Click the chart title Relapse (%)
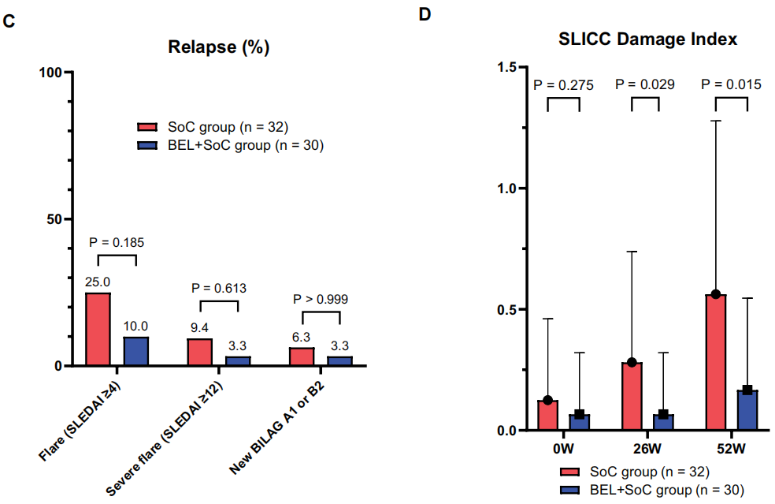(x=219, y=47)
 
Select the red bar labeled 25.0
(x=98, y=329)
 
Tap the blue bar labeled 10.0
(x=136, y=351)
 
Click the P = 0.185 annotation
(x=117, y=241)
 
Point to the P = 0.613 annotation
(x=219, y=288)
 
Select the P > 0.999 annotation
(x=320, y=299)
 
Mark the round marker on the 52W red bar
(x=716, y=294)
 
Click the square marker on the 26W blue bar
(x=664, y=414)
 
